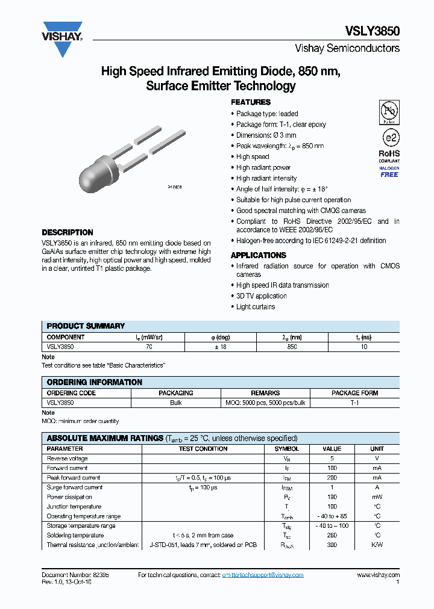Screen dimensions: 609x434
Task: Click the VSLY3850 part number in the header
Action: click(x=372, y=32)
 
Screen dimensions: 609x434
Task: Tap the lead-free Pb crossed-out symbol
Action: click(x=389, y=112)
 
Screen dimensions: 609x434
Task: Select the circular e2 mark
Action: click(x=389, y=137)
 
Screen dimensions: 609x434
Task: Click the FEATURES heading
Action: click(x=251, y=102)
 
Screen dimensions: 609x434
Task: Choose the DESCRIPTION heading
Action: click(x=68, y=232)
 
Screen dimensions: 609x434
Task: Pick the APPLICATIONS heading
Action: click(x=259, y=255)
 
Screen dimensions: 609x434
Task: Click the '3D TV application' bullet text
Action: click(x=262, y=296)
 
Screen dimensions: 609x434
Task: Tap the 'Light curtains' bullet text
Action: click(x=256, y=307)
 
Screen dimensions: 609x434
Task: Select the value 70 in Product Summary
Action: click(x=149, y=347)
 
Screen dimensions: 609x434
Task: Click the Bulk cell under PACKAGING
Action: click(x=176, y=403)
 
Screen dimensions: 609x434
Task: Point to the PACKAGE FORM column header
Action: click(x=355, y=393)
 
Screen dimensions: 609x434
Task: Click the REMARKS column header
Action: click(x=265, y=393)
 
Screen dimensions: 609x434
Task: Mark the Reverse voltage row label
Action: click(x=67, y=459)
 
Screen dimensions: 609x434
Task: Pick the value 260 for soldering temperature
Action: click(x=332, y=536)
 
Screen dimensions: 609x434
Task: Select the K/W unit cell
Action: click(x=377, y=545)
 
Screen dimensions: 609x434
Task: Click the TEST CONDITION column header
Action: click(x=203, y=449)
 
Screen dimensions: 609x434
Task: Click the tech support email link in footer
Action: click(x=263, y=575)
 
